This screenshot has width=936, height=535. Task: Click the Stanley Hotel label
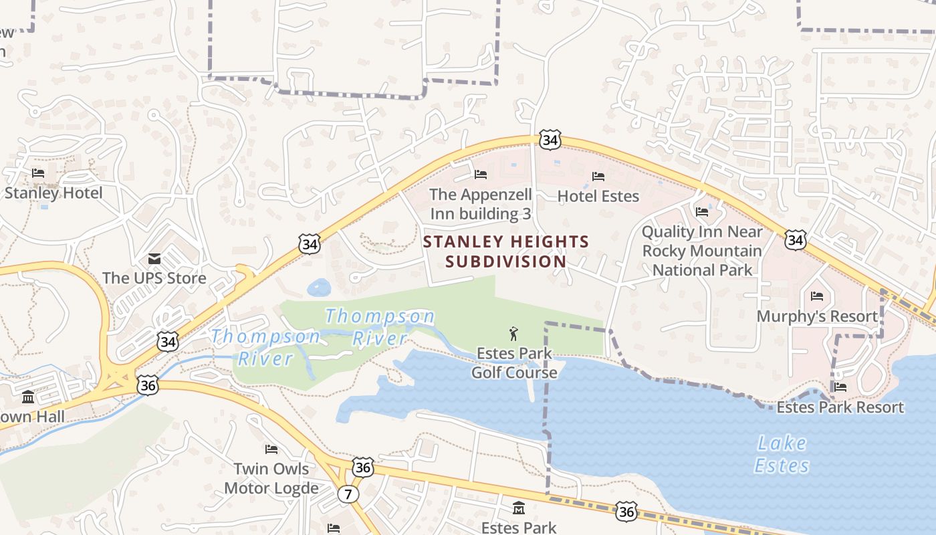coord(53,193)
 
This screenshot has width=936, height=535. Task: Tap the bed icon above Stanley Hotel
coord(38,173)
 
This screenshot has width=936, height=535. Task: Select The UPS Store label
coord(154,278)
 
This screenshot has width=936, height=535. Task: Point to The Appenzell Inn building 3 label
coord(481,204)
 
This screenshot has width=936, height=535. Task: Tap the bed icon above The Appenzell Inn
coord(481,175)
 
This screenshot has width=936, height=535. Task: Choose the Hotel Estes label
coord(598,196)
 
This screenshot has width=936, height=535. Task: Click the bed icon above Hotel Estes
coord(598,177)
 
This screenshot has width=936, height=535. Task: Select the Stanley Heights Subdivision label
coord(506,251)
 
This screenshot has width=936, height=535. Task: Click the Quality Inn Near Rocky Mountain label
coord(702,251)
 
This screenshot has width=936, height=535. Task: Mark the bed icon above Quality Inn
coord(702,212)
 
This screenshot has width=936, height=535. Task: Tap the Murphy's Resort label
coord(817,316)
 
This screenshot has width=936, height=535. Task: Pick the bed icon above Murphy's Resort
coord(817,296)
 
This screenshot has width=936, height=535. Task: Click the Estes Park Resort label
coord(840,407)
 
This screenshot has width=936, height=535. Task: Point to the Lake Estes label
coord(782,454)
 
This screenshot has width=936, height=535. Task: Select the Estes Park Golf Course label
coord(514,362)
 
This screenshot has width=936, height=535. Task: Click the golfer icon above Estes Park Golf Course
coord(513,333)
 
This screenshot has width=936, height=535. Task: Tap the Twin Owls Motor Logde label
coord(271,478)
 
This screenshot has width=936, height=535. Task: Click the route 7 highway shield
coord(348,494)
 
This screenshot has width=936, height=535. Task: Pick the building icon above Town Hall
coord(28,397)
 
